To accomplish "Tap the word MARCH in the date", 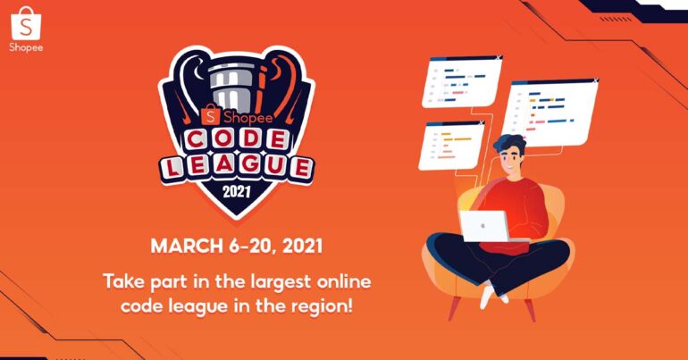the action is pos(187,246).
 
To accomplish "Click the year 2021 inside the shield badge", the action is pos(237,192).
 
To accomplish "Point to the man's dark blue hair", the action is pos(510,145).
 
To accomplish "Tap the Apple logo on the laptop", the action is pos(482,226).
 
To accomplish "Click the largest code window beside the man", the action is pos(550,113).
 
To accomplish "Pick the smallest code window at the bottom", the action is pos(451,145).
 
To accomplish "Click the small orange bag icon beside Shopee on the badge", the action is pos(211,115).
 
